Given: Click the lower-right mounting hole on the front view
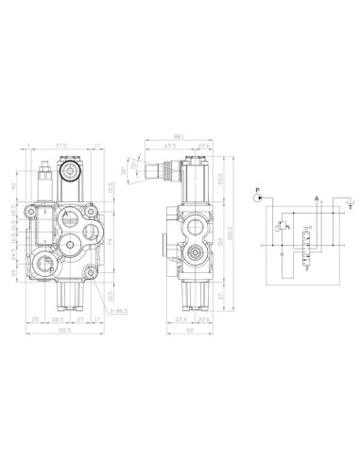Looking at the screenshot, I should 90,275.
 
